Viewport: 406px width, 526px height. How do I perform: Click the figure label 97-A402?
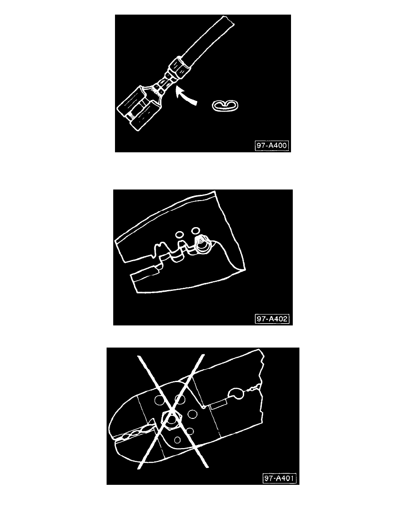[x=273, y=318]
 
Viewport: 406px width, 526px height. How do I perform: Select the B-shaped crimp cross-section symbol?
[x=226, y=105]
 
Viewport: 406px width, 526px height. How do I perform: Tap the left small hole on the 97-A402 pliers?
[x=180, y=234]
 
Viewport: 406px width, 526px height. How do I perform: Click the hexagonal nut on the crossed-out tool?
[x=172, y=418]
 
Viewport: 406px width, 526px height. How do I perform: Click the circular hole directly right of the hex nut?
[x=192, y=414]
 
